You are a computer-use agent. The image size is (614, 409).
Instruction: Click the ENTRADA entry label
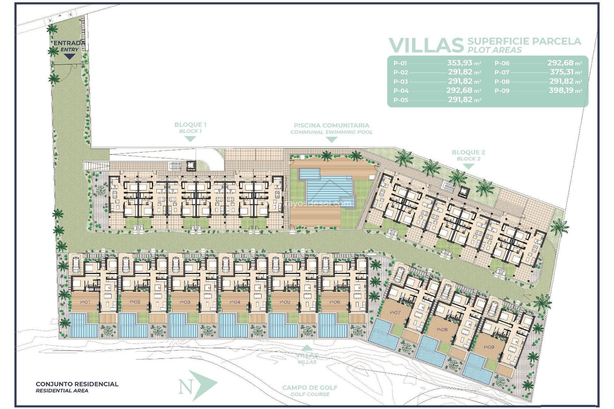click(69, 43)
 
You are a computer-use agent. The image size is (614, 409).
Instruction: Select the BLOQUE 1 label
click(190, 125)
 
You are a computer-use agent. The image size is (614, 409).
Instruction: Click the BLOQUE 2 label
click(468, 152)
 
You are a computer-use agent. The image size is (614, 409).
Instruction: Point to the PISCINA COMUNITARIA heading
click(331, 126)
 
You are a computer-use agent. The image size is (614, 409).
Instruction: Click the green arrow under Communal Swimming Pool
click(331, 140)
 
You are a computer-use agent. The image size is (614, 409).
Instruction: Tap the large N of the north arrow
click(186, 387)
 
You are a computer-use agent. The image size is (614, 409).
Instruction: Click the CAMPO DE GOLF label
click(310, 388)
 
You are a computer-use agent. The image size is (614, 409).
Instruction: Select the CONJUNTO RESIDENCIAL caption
click(77, 384)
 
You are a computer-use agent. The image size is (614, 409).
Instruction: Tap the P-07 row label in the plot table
click(502, 73)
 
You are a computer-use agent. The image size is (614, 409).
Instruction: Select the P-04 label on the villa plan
click(235, 302)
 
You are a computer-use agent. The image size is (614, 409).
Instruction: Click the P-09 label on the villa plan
click(489, 347)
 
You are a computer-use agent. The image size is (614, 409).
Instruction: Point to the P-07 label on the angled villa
click(395, 312)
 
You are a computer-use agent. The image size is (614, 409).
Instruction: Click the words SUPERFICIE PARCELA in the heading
click(524, 41)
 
